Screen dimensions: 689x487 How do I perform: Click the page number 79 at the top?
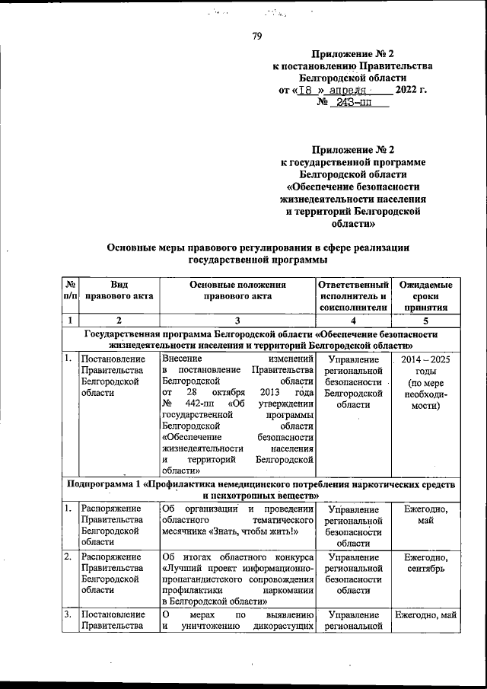click(256, 33)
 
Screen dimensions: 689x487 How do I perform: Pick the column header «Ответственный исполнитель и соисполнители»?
click(352, 296)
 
